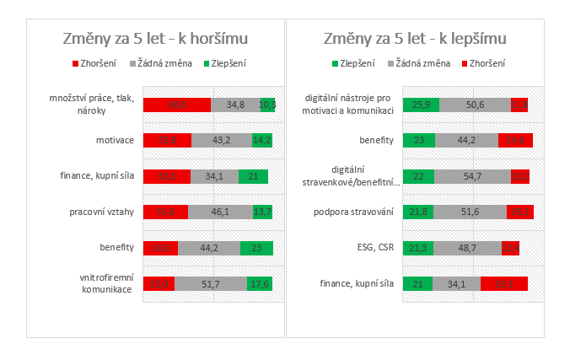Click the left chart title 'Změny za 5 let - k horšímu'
[x=156, y=39]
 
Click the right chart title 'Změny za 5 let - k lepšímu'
[x=416, y=39]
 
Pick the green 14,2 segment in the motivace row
[x=261, y=141]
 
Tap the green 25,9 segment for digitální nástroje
[x=421, y=105]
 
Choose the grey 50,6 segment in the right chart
[x=475, y=105]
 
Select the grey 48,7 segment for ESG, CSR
[x=468, y=248]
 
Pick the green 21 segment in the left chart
[x=254, y=176]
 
